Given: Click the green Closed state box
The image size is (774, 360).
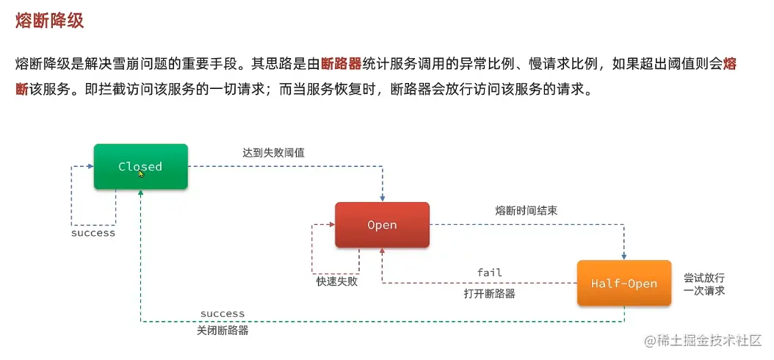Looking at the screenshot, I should [140, 166].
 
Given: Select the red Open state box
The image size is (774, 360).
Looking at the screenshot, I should [382, 225].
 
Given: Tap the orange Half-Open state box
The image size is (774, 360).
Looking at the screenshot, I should [624, 283].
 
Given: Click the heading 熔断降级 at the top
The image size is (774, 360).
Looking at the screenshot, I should [49, 21].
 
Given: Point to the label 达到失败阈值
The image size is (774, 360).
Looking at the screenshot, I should [273, 153].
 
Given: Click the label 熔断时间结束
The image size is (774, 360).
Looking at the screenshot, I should [526, 210].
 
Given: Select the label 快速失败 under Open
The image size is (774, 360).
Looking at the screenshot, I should [337, 281].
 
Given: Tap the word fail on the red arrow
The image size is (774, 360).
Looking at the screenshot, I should [490, 273].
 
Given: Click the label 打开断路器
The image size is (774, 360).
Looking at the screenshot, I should [489, 294].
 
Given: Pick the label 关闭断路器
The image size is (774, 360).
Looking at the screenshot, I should [223, 331].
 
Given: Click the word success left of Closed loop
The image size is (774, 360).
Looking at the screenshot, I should [93, 233].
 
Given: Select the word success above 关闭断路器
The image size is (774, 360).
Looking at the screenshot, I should [223, 314].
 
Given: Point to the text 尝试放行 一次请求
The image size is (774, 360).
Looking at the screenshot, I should [704, 284].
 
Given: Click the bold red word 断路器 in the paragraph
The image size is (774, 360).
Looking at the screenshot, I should [342, 64].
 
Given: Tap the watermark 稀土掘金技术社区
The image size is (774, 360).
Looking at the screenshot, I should [703, 341].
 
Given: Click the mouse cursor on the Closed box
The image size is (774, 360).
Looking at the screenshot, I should [141, 174].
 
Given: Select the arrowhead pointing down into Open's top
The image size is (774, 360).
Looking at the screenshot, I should [382, 198].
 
